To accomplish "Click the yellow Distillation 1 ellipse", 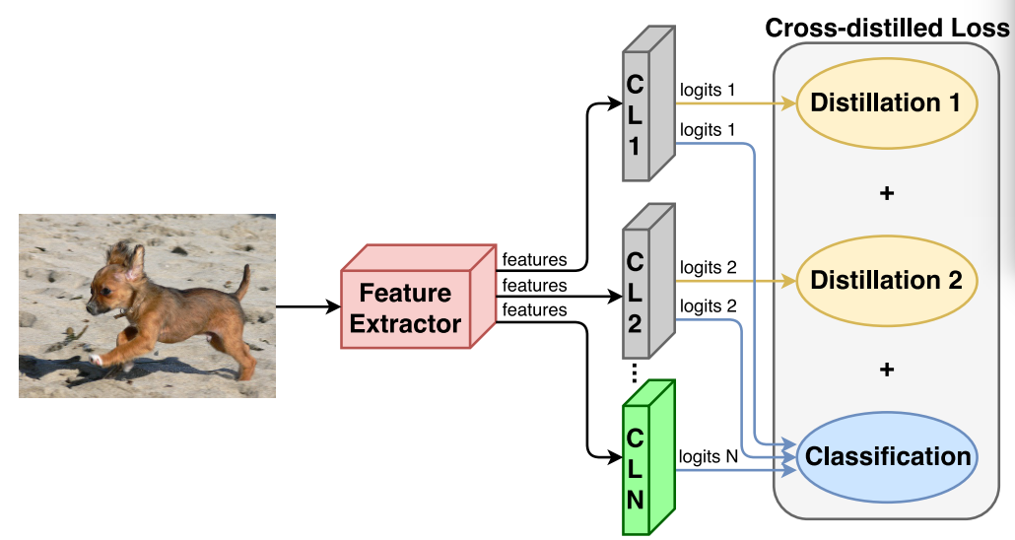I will (885, 103).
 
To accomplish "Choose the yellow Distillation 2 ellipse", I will (885, 281).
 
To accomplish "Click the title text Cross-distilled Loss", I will (887, 28).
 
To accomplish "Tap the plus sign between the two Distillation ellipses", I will (886, 193).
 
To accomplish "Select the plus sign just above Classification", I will (886, 370).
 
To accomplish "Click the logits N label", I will (708, 456).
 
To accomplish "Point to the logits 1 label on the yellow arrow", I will (707, 90).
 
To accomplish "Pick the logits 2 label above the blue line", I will (708, 305).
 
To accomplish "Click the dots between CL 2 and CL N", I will (635, 371).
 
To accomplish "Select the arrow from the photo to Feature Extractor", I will (307, 306).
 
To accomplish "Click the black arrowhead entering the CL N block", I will (616, 456).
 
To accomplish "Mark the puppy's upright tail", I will (241, 283).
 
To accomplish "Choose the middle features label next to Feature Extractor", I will (534, 286).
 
